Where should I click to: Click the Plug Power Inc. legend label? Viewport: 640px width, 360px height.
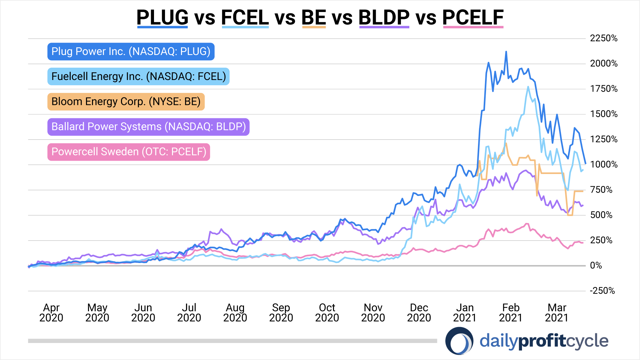coord(131,51)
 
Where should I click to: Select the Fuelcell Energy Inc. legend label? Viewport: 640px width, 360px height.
coord(138,76)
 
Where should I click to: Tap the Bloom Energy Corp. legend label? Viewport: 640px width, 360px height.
coord(126,101)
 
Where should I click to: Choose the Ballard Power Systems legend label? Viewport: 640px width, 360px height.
coord(148,127)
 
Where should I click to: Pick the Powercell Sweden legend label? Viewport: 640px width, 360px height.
coord(129,152)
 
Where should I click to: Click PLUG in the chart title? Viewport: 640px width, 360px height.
coord(162,17)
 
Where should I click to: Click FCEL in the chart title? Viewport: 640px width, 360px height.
coord(245,17)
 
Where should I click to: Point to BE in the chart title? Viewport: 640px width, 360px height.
coord(314,17)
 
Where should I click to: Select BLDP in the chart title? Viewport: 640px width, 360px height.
coord(384,17)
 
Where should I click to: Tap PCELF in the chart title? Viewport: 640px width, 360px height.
coord(473,17)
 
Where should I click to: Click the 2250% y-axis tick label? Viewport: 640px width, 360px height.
coord(603,38)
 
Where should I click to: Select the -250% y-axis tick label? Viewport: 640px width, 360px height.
coord(602,291)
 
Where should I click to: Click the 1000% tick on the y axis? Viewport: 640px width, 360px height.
coord(603,164)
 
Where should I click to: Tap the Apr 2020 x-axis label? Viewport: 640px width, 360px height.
coord(51,312)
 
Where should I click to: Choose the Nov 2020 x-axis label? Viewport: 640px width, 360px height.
coord(373,312)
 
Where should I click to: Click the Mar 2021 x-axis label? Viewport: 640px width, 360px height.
coord(557,312)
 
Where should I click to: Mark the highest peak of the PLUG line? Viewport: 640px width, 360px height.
coord(506,52)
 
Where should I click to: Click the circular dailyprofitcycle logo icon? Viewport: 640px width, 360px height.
coord(459,341)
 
